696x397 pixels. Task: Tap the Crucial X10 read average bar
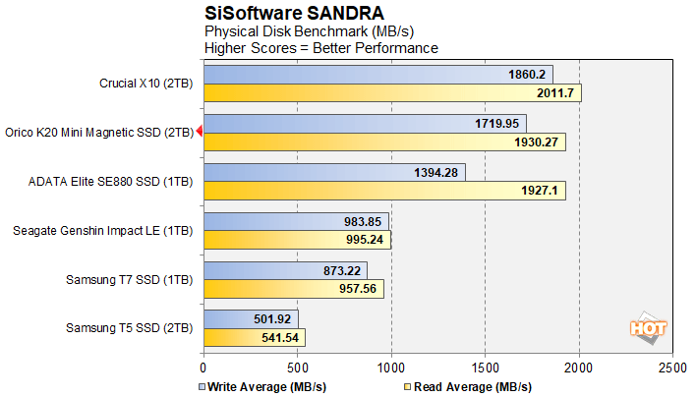392,93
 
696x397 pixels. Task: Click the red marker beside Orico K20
199,132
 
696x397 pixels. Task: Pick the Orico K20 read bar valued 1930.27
384,142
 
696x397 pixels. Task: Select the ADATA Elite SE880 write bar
334,173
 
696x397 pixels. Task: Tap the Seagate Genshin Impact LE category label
103,231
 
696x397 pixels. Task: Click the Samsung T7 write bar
285,270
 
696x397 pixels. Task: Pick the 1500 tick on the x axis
485,366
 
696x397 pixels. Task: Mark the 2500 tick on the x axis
672,366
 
